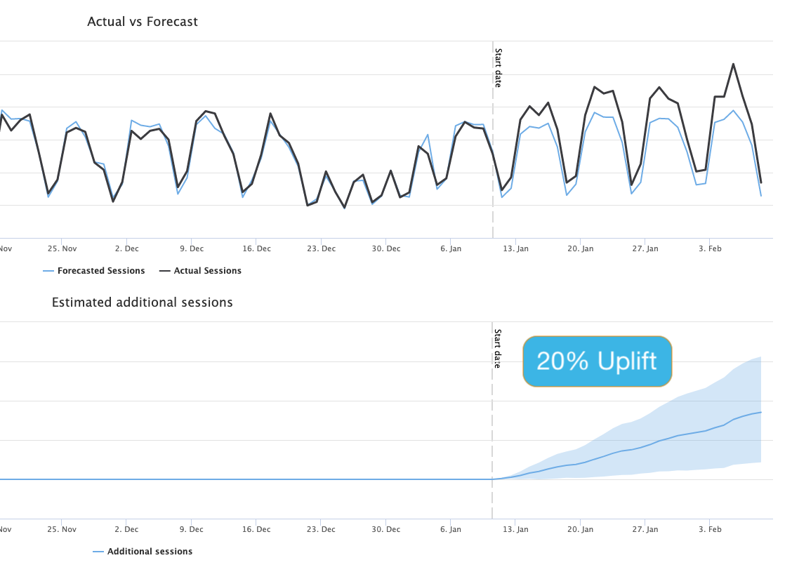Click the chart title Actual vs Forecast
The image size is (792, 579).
coord(143,22)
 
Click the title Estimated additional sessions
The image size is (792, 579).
coord(143,302)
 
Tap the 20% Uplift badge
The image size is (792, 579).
coord(597,361)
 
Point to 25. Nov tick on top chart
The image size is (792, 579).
coord(62,248)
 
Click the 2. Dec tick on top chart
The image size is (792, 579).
coord(127,248)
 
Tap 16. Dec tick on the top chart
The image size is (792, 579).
coord(257,248)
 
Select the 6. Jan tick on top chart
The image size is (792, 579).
coord(451,248)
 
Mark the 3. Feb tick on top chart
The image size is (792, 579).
coord(710,248)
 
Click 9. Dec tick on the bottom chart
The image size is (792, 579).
coord(192,529)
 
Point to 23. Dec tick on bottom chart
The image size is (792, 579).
coord(322,529)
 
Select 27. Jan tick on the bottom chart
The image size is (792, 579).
coord(645,529)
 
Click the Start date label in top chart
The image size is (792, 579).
coord(499,67)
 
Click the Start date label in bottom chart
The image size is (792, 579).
coord(499,348)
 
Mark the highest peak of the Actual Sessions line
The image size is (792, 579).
coord(733,64)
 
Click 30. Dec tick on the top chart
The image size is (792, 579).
coord(386,248)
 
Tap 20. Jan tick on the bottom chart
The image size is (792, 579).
coord(581,529)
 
